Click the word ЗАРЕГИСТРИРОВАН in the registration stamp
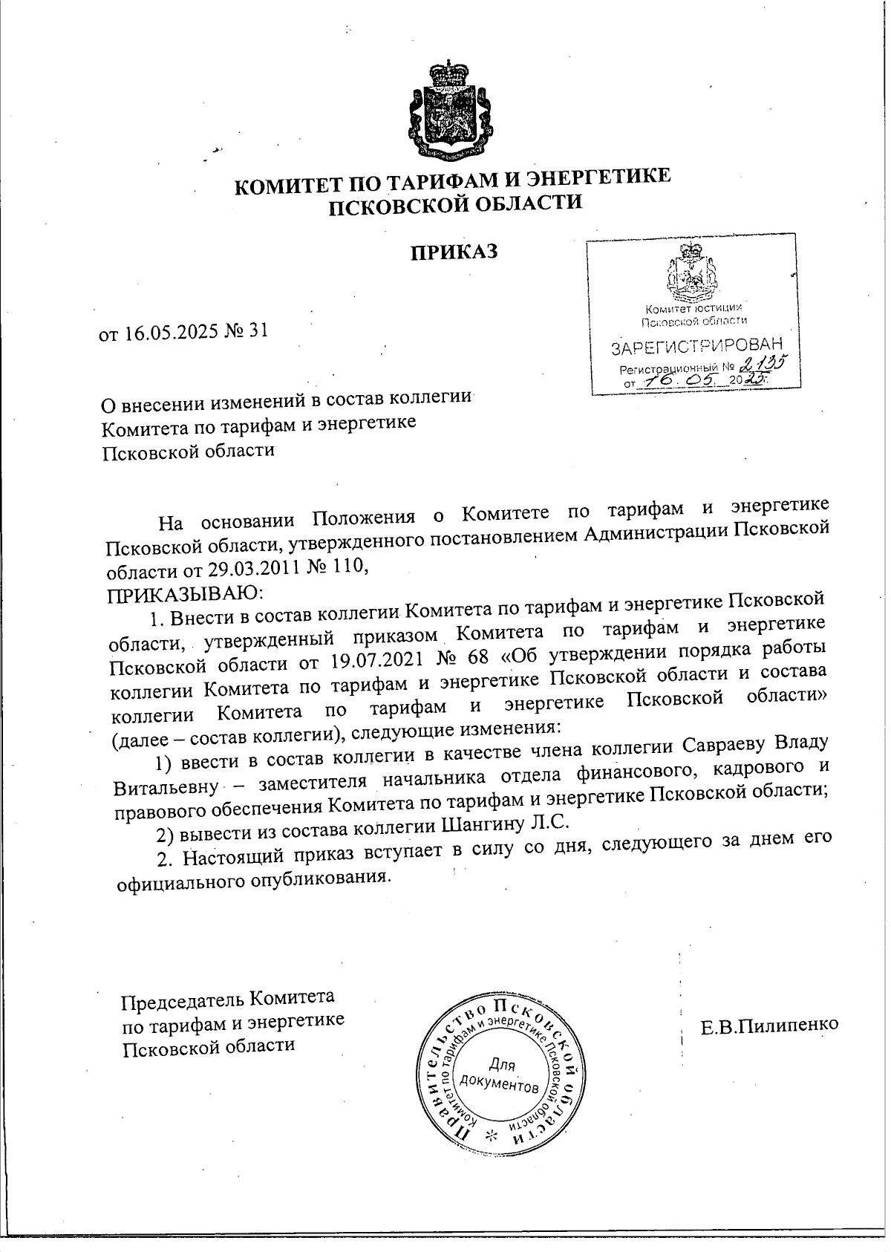696,347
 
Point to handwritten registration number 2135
764,363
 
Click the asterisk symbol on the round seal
490,1136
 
